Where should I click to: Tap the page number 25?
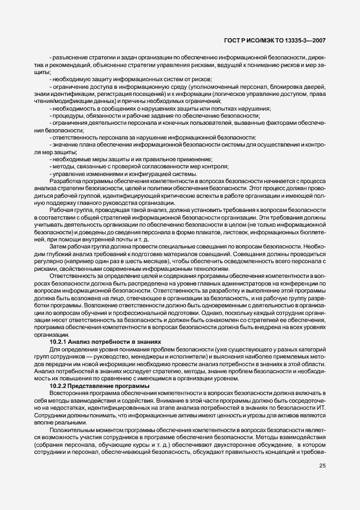[321, 466]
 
